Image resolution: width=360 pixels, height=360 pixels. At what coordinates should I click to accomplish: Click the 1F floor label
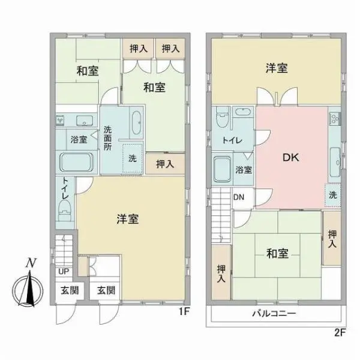point(184,312)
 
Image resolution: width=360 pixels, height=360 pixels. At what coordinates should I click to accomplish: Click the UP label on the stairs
point(63,272)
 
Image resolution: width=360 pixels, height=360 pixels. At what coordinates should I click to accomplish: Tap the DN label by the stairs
point(238,196)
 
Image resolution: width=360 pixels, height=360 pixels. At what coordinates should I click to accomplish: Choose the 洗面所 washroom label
point(108,138)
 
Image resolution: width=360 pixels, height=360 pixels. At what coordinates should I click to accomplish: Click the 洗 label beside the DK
point(333,195)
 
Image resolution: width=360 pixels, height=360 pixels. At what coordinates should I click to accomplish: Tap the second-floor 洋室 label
point(277,68)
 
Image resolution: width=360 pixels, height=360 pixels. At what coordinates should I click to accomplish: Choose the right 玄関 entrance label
point(106,290)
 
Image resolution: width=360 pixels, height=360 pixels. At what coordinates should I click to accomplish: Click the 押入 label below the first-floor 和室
point(161,163)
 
